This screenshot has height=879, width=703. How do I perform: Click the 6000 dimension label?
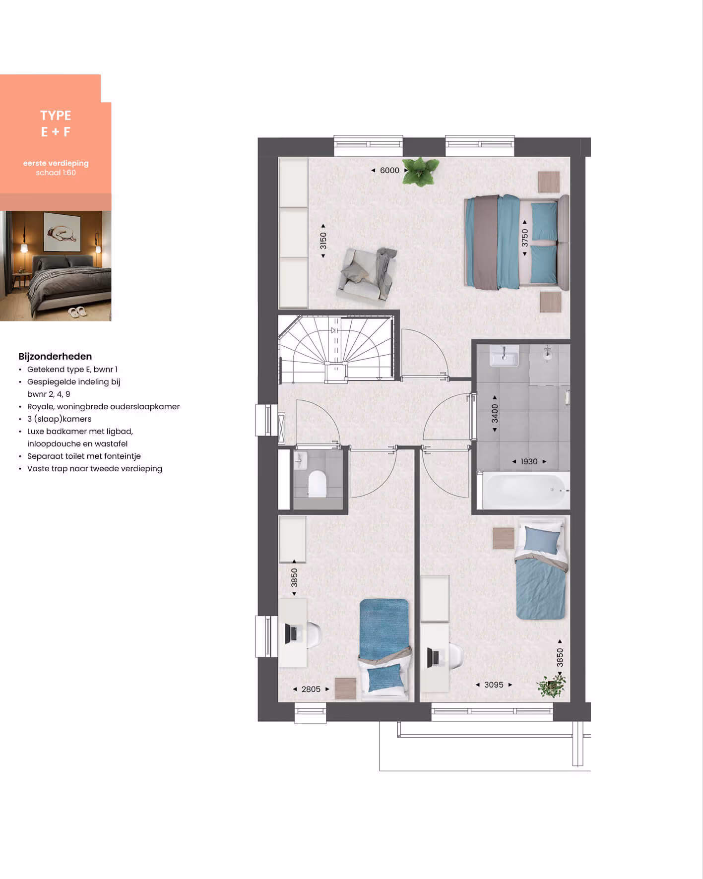pos(389,170)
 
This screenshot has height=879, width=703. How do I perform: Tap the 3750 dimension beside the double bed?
pos(524,238)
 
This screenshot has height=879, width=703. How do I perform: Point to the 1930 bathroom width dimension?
pos(529,461)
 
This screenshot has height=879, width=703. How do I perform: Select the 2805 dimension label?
pos(311,689)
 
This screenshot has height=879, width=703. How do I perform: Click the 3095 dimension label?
pos(494,685)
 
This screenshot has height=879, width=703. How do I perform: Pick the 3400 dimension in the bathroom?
pos(495,413)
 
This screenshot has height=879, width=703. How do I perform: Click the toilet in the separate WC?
pos(317,483)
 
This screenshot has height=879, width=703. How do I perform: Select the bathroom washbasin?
pos(504,356)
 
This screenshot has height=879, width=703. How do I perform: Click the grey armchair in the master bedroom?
pos(368,274)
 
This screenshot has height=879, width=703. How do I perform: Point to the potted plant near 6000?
pos(421,172)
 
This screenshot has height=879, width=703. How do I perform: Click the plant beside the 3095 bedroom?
pos(551,686)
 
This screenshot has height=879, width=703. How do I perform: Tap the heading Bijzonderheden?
pos(55,356)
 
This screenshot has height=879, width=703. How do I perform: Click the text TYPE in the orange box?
pos(56,116)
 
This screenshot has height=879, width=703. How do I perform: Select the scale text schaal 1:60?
pos(56,173)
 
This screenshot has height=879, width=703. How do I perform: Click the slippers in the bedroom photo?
pos(77,312)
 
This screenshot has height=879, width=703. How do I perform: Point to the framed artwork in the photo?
pos(62,232)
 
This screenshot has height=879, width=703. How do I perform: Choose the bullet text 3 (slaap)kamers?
pos(59,419)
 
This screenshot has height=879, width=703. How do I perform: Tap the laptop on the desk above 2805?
pos(293,633)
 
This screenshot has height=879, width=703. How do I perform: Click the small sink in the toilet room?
pos(300,461)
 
